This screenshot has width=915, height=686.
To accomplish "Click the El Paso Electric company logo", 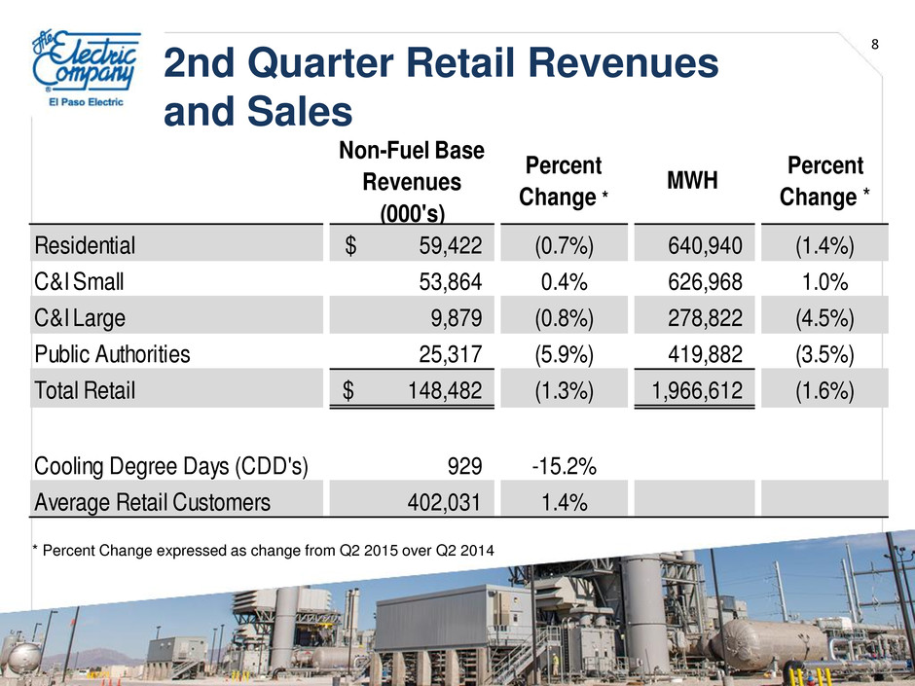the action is point(87,68).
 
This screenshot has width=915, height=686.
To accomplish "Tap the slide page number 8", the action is point(875,45).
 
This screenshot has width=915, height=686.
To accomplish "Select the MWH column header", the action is point(692,181).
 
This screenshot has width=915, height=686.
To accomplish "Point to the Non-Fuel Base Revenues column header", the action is point(412,182).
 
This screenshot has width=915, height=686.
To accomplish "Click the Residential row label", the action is point(85,245).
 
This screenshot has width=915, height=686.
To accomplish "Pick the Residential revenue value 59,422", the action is point(451,245).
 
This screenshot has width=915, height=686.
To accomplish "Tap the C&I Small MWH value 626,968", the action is point(705,282).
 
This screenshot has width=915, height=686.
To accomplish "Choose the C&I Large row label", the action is point(80,318).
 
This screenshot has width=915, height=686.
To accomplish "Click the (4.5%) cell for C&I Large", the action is point(824,318).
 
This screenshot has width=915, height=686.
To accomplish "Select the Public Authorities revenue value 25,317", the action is point(451,354).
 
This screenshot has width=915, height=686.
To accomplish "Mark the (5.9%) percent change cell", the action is point(564,354).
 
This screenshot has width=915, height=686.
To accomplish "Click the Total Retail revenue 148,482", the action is point(445,391).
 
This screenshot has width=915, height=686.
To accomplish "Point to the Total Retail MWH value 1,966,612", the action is point(697,391).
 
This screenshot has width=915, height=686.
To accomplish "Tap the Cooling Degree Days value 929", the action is point(464,466).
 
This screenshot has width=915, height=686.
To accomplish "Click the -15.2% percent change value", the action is point(564,466).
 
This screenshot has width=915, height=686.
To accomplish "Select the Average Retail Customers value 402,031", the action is point(444,502).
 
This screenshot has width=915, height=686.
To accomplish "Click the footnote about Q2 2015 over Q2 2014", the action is point(263,550).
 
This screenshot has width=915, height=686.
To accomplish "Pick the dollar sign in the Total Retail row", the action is point(348,390).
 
